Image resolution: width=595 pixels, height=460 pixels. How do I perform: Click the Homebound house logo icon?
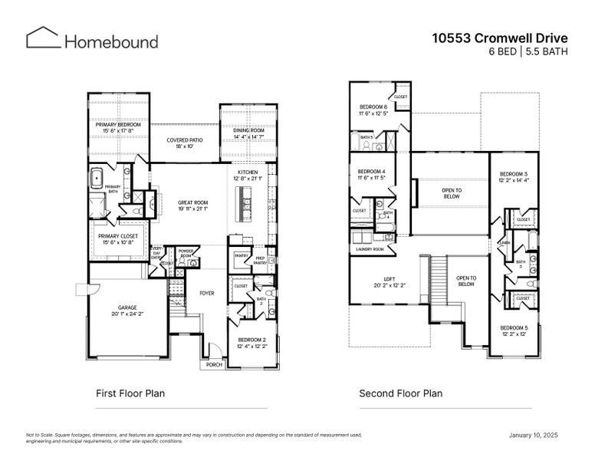(42, 39)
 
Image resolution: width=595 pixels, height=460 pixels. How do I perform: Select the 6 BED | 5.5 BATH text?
(524, 51)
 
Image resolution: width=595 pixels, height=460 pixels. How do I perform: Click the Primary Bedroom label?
(118, 124)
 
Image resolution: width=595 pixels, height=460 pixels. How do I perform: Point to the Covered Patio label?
(185, 140)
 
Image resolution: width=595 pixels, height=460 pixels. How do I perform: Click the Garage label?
(127, 307)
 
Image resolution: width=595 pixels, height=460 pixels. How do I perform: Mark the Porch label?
(213, 365)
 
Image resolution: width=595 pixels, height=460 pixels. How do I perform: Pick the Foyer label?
(207, 293)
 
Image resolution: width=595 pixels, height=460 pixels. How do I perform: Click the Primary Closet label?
(116, 235)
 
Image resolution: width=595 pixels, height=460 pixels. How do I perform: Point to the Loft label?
(379, 279)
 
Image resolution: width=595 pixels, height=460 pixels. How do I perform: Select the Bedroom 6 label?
(371, 108)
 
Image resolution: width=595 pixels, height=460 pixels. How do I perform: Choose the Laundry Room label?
(371, 250)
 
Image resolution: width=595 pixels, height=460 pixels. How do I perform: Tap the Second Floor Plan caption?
(400, 394)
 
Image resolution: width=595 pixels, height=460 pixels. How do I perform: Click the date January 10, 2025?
(534, 435)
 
